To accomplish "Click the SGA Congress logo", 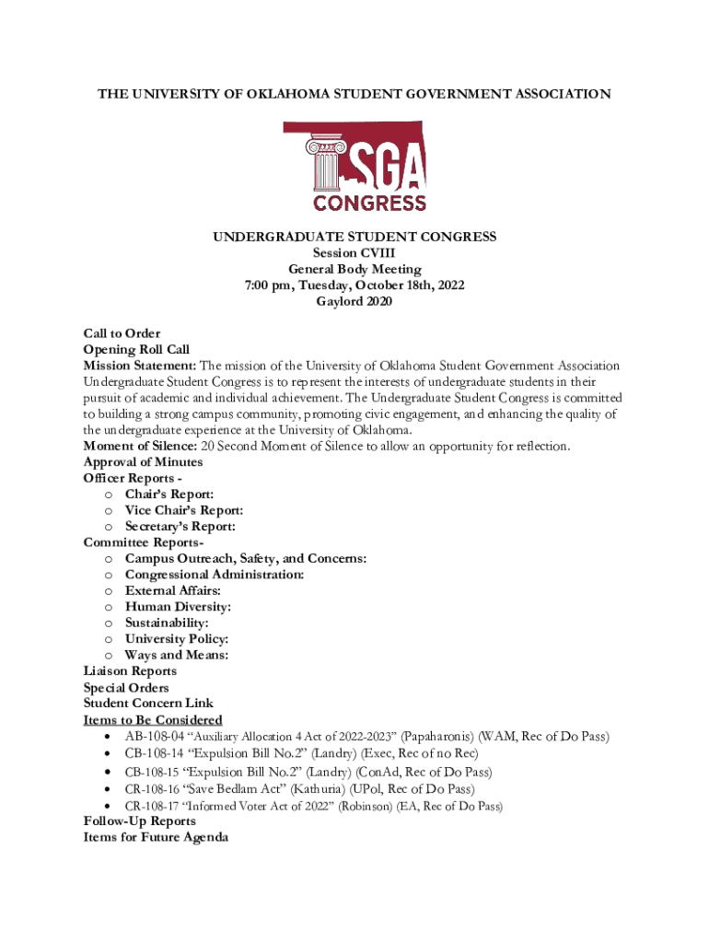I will click(x=354, y=167).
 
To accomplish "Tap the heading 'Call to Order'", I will click(x=122, y=333).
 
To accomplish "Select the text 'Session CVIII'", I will click(x=354, y=253).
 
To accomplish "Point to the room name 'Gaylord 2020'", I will click(x=354, y=301).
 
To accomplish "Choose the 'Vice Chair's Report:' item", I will click(x=184, y=510).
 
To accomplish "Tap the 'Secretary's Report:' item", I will click(x=180, y=527).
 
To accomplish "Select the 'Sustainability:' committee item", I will click(x=167, y=623).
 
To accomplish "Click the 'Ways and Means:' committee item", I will click(x=177, y=655).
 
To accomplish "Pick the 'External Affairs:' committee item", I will click(x=172, y=590).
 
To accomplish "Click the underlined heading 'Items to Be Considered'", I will click(x=152, y=719).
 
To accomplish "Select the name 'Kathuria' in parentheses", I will click(x=373, y=789).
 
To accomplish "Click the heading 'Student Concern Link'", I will click(x=147, y=704).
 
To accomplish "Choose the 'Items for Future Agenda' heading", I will click(x=156, y=837).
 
